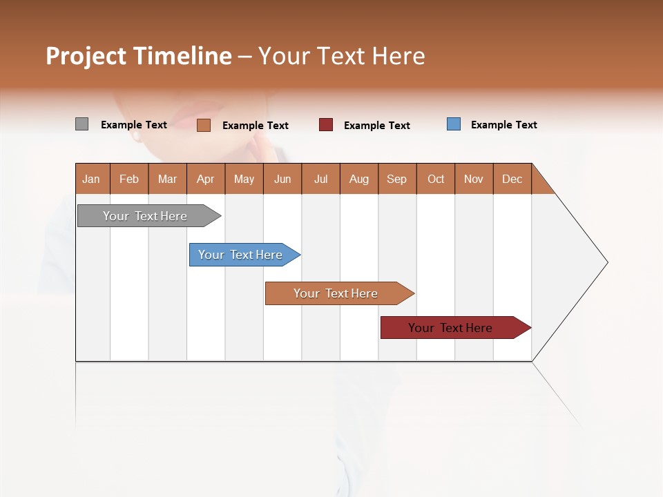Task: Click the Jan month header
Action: [91, 179]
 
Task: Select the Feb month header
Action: [129, 179]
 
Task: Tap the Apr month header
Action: [205, 179]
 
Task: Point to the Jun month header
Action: [282, 179]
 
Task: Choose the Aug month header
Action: [358, 179]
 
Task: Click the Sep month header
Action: [396, 179]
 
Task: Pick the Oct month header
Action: [436, 179]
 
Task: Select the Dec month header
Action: [512, 179]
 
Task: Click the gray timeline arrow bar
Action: [146, 216]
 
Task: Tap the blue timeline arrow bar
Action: [241, 255]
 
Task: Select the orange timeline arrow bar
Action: [336, 293]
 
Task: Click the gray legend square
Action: [81, 124]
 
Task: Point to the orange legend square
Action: [203, 125]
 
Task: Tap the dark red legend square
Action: [325, 125]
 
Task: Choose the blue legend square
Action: [453, 124]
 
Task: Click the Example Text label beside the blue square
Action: [503, 125]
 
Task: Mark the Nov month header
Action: [474, 179]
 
